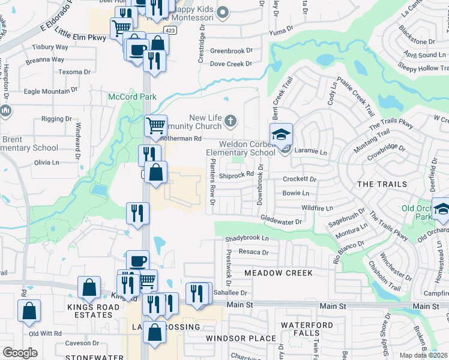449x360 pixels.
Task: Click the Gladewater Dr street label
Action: (x=281, y=221)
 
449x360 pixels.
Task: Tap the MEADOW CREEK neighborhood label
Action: (x=278, y=273)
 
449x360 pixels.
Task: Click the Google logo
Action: (x=20, y=353)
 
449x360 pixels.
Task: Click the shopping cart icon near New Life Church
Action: (x=155, y=126)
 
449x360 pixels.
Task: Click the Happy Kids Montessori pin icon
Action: (x=223, y=12)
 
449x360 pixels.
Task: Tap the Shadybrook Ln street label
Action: (x=247, y=238)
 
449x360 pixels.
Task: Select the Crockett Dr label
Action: (x=300, y=179)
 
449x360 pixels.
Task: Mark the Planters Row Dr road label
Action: (x=212, y=186)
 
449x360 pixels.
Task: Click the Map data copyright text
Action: (x=424, y=355)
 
